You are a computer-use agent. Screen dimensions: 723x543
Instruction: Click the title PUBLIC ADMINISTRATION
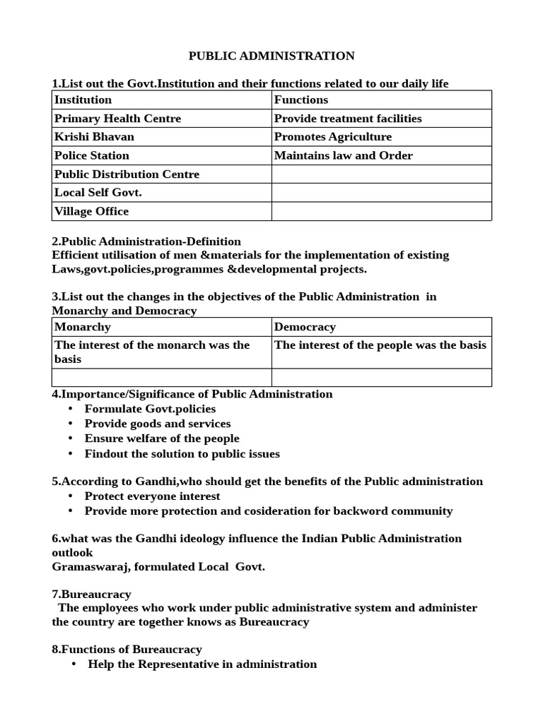click(271, 56)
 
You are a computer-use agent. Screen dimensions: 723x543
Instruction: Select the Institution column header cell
click(162, 100)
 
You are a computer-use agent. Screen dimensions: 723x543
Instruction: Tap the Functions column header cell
click(381, 100)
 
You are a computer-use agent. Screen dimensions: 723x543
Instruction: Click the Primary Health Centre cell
click(162, 119)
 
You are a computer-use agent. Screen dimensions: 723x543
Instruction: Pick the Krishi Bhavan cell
click(162, 137)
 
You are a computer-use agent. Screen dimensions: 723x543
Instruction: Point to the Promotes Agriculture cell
click(381, 137)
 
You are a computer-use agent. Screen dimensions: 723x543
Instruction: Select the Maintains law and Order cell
click(381, 155)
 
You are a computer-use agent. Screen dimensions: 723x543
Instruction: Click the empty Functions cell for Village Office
click(381, 211)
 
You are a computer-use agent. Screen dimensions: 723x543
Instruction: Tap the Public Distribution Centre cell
click(162, 174)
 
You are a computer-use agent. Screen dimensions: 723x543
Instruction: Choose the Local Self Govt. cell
click(162, 193)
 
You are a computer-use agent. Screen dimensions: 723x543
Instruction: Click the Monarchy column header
click(162, 327)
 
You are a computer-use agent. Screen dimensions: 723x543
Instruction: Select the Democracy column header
click(381, 327)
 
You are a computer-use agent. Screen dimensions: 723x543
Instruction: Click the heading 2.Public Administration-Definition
click(146, 241)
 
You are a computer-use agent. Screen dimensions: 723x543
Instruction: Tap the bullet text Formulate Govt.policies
click(150, 409)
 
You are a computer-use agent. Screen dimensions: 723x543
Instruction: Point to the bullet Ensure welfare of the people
click(162, 438)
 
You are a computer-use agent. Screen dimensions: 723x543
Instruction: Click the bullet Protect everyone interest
click(152, 496)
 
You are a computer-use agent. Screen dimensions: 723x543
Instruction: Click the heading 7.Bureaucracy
click(92, 594)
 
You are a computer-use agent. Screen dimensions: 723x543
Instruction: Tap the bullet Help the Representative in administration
click(202, 664)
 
